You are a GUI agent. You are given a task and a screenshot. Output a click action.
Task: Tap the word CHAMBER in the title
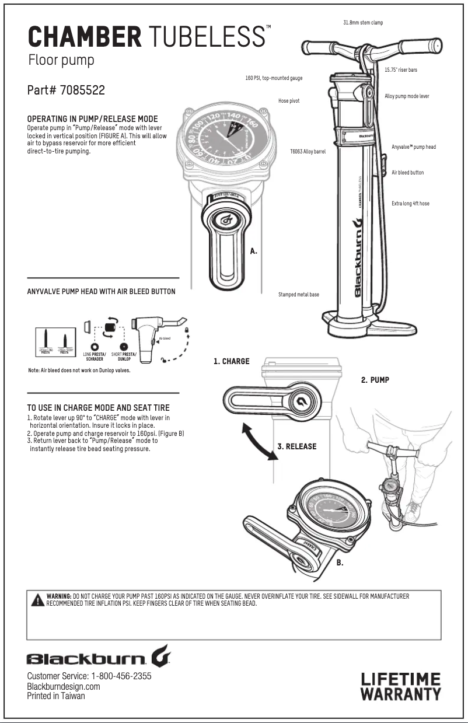click(x=85, y=37)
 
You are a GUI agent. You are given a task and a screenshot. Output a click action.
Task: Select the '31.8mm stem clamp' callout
click(x=363, y=23)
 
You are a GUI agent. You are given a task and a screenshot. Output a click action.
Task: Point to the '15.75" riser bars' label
click(x=400, y=69)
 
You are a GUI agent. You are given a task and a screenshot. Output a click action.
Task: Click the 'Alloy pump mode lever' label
click(x=407, y=96)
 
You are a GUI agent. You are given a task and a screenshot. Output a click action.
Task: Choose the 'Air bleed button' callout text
click(x=407, y=173)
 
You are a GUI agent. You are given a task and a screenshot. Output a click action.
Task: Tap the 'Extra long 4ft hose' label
click(x=410, y=204)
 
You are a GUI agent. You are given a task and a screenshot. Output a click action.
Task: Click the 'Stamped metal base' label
click(x=299, y=295)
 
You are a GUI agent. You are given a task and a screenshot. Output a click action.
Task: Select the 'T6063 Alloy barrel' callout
click(x=308, y=151)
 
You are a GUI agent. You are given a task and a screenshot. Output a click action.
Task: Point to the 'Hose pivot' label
click(x=289, y=101)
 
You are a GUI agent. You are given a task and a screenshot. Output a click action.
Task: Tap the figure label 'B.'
click(x=340, y=563)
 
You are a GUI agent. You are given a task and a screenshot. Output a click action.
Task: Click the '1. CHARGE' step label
click(x=231, y=362)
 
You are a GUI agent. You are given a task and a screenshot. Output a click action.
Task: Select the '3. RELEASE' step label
click(x=296, y=446)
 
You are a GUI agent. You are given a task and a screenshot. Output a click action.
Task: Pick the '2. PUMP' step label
click(x=375, y=380)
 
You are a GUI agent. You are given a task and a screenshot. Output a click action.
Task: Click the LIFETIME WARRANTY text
click(x=400, y=686)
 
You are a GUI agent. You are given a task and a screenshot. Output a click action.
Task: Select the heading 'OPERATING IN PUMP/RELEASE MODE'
click(x=92, y=119)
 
